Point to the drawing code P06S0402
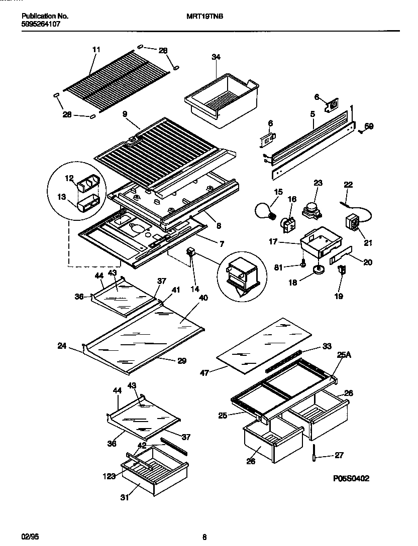click(351, 479)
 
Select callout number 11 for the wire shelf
click(96, 49)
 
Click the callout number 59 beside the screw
click(369, 127)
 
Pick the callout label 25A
click(345, 355)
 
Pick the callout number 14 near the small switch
click(194, 289)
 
